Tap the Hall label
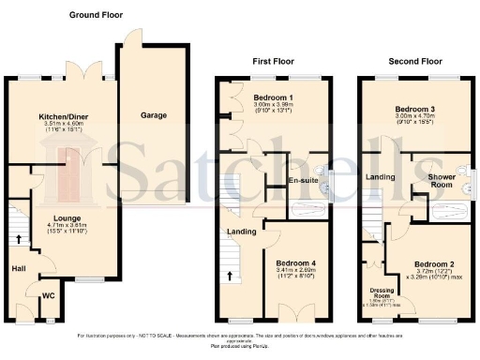[x=18, y=268]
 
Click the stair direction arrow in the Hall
[x=19, y=238]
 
